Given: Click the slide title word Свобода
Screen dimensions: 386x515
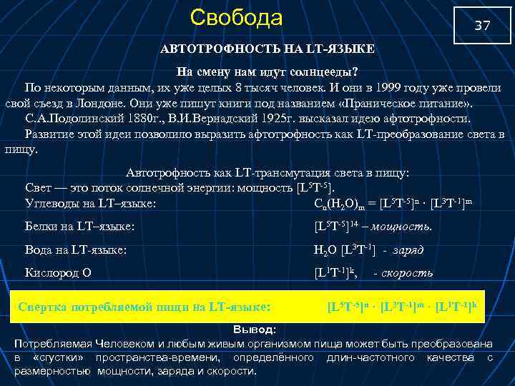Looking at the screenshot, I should click(x=237, y=17).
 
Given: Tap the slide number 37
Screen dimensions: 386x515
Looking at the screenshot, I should click(x=483, y=26).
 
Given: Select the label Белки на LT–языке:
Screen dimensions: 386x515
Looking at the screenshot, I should click(x=80, y=227).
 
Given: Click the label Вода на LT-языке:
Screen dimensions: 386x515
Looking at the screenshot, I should click(x=76, y=250).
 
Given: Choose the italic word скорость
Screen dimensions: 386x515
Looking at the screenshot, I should click(x=407, y=273).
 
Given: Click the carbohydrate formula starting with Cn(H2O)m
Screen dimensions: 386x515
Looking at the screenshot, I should click(x=393, y=203).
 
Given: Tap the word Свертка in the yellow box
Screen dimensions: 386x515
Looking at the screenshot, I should click(x=44, y=307).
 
